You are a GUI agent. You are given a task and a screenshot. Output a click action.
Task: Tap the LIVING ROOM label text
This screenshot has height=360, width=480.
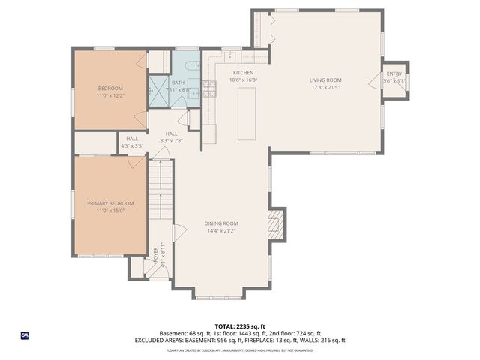click(x=325, y=80)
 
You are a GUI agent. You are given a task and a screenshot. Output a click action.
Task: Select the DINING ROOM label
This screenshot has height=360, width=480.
click(x=221, y=223)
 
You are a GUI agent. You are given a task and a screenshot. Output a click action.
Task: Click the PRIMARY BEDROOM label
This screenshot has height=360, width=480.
click(x=110, y=204)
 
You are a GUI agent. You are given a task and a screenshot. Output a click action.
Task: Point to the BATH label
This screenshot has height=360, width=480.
click(x=178, y=83)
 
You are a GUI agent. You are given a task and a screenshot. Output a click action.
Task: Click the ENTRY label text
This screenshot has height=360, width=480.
click(x=394, y=74)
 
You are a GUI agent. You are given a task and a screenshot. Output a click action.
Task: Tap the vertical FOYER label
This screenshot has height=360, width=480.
click(x=156, y=256)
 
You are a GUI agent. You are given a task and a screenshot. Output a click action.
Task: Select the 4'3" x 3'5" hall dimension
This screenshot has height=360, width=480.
click(x=132, y=146)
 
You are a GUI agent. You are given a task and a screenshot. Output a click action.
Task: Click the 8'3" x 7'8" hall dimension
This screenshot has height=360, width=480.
click(x=172, y=141)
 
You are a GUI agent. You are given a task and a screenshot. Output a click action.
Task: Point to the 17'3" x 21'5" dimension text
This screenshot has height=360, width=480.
click(x=325, y=88)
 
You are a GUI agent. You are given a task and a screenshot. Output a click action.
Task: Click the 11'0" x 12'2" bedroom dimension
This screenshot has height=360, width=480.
click(x=110, y=96)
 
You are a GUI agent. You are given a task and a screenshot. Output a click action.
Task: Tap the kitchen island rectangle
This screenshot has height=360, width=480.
click(x=247, y=113)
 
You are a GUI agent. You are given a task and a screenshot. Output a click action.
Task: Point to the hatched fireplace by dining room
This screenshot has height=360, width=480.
click(x=277, y=224)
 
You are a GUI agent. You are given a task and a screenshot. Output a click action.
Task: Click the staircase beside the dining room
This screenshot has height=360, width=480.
click(x=160, y=191)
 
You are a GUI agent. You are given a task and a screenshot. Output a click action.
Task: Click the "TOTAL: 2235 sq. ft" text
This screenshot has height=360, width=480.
click(x=239, y=325)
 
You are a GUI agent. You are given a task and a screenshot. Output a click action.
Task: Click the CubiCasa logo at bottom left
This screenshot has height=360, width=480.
click(x=25, y=334)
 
